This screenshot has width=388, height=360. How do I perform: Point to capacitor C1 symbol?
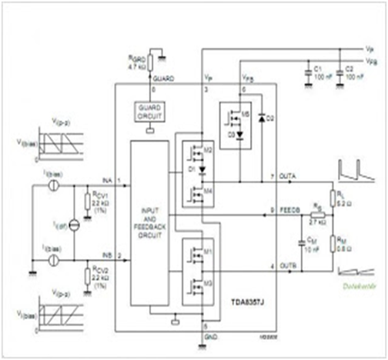pyautogui.click(x=306, y=67)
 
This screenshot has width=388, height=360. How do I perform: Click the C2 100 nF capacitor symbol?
pyautogui.click(x=338, y=67)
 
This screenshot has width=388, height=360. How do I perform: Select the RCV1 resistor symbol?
pyautogui.click(x=85, y=202)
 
